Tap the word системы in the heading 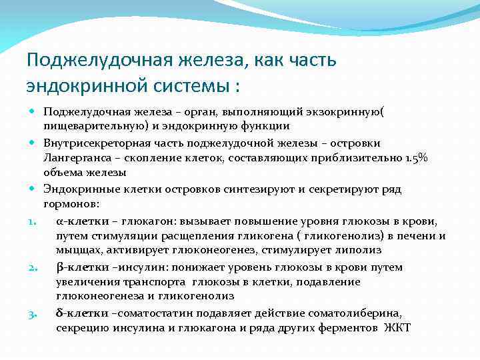tap(184, 87)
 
